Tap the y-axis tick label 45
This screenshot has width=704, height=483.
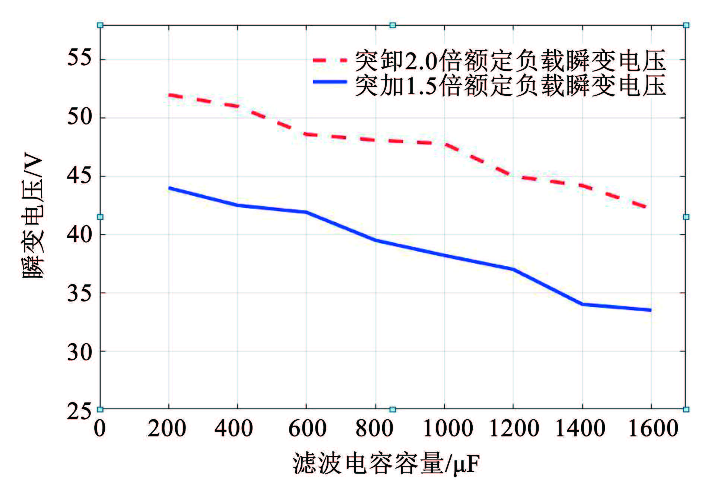[x=79, y=176]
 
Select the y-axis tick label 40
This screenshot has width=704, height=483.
[x=79, y=234]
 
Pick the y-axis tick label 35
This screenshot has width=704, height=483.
[x=79, y=293]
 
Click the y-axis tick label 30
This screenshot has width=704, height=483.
[x=79, y=351]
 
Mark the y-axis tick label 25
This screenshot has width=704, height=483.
[x=79, y=410]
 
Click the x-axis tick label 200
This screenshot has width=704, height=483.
[x=167, y=428]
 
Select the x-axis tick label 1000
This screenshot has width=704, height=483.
[x=448, y=428]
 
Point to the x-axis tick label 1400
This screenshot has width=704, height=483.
[x=580, y=428]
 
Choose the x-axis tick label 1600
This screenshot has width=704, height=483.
[x=653, y=428]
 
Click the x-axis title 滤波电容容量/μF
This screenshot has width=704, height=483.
[x=386, y=463]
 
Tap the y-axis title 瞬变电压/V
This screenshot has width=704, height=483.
[x=34, y=217]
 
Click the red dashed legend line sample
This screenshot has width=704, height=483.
[x=330, y=60]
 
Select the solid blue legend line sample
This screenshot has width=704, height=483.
[x=330, y=82]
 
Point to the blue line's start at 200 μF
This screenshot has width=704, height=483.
[x=169, y=188]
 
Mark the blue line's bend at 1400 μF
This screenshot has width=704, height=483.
[x=582, y=304]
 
